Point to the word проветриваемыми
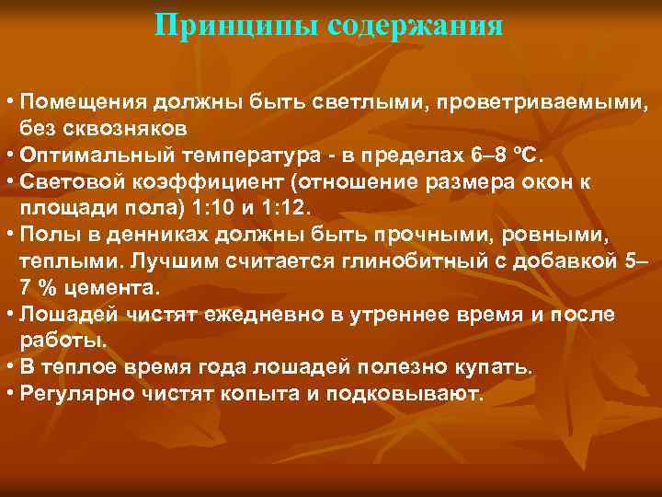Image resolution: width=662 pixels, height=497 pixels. (x=533, y=99)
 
